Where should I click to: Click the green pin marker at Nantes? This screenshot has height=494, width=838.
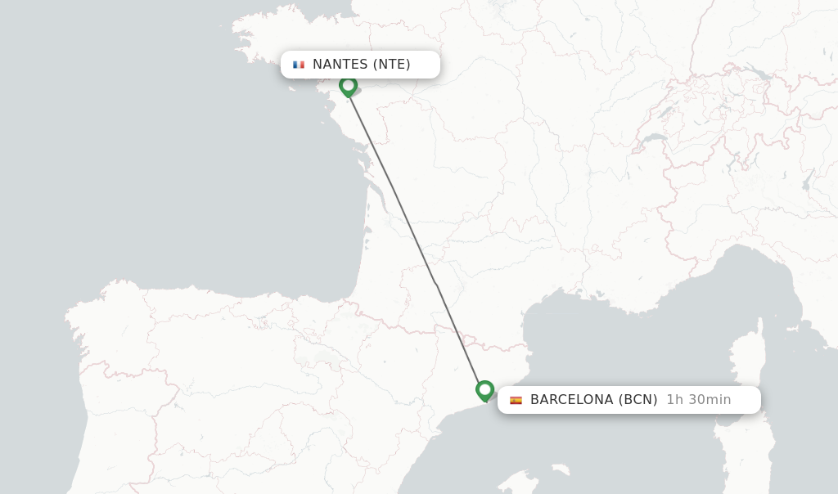(x=348, y=85)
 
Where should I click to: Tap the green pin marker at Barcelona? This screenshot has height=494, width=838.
(x=484, y=390)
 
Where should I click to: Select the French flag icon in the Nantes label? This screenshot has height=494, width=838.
(x=299, y=65)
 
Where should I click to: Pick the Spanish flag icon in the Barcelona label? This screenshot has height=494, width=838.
(x=516, y=400)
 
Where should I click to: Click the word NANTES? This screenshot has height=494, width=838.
(x=340, y=65)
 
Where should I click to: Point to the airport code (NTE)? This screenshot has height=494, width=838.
(x=392, y=65)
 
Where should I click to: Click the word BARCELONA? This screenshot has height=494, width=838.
(x=571, y=400)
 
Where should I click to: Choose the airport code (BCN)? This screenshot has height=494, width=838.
(x=638, y=400)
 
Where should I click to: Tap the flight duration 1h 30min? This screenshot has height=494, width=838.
(x=698, y=400)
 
